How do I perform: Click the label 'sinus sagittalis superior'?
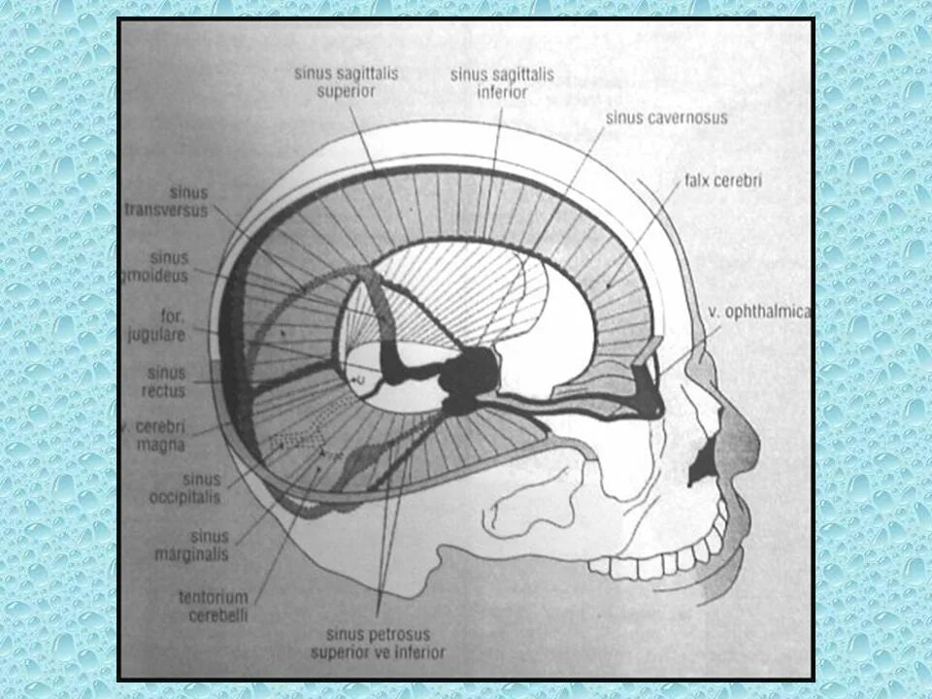click(334, 82)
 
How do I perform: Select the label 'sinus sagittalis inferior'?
click(489, 83)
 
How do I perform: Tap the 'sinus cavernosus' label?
click(666, 117)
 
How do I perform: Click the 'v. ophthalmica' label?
click(760, 312)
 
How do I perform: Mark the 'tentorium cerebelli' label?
click(213, 604)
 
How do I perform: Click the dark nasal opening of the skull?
click(700, 469)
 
